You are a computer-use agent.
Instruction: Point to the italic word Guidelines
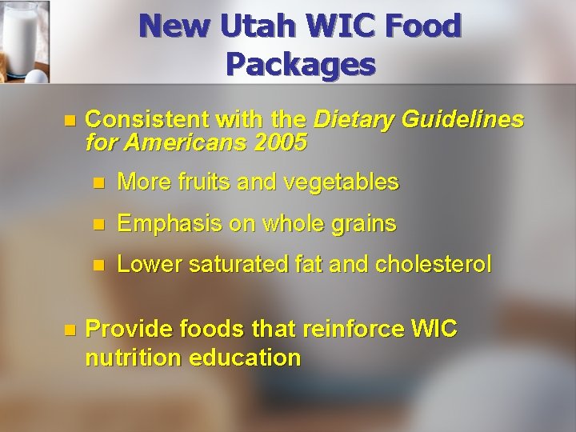click(458, 121)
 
